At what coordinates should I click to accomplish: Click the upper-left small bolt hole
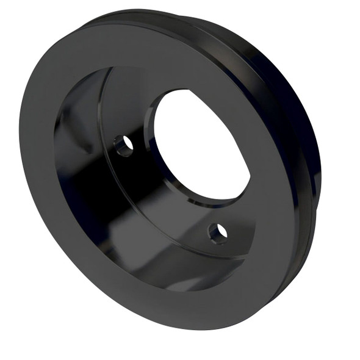[x=124, y=145]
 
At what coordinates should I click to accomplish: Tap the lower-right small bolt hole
[x=218, y=231]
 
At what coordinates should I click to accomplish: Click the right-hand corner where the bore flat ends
[x=250, y=177]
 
